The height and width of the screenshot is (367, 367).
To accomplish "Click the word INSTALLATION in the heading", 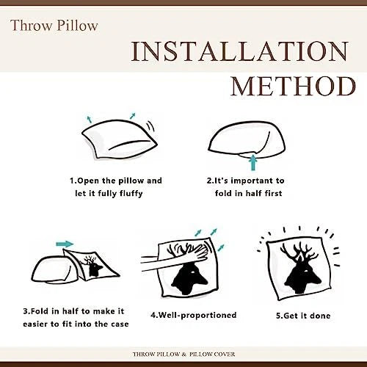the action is (x=240, y=51).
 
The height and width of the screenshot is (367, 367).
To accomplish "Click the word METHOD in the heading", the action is (x=294, y=87).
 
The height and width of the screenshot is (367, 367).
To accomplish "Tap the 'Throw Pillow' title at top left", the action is (x=54, y=26).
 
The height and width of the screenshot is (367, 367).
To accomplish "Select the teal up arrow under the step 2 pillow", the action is (x=253, y=161).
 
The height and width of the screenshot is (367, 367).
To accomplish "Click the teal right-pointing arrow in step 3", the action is (x=65, y=244).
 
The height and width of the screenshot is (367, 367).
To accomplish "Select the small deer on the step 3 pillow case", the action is (x=92, y=266).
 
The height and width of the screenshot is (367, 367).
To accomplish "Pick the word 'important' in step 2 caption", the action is (x=252, y=181).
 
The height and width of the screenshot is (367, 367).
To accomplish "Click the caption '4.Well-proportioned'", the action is (x=194, y=315).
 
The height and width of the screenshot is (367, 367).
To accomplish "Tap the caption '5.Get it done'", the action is (x=303, y=316).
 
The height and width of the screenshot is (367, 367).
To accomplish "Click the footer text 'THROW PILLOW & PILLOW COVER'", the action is (x=183, y=354).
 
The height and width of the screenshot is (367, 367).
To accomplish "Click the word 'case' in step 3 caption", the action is (x=120, y=324).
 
